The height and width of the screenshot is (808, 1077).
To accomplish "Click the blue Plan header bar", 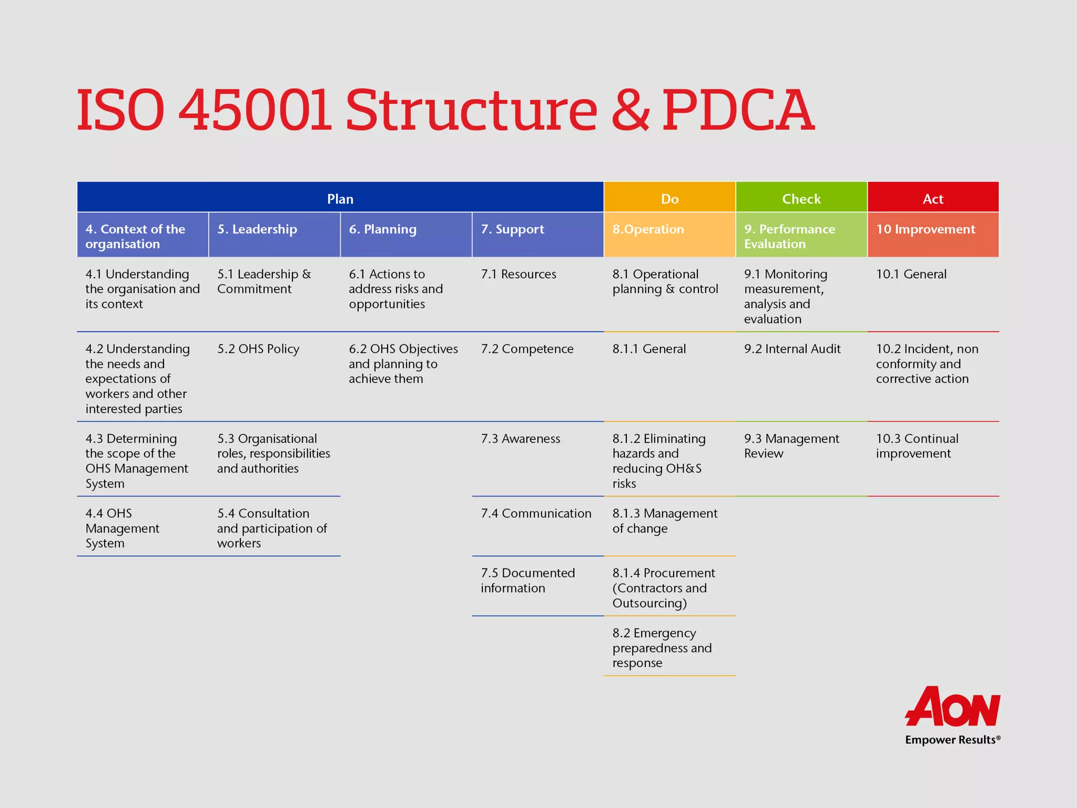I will click(340, 198).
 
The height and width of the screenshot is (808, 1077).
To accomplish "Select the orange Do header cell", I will click(669, 198).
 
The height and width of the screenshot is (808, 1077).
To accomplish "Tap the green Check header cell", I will click(801, 198).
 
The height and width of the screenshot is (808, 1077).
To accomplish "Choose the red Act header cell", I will click(933, 198).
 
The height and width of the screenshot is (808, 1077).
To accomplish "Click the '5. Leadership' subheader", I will click(257, 229).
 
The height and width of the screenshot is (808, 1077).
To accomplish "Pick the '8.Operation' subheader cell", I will click(648, 229).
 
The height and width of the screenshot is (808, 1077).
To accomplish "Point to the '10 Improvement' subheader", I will click(925, 229).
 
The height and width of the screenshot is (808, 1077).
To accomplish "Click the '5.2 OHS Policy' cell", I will click(258, 349).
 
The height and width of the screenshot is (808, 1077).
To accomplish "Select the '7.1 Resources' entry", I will click(518, 274).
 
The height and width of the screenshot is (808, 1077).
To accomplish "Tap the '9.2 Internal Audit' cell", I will click(792, 349).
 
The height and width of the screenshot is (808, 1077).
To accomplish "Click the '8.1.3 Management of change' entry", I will click(664, 521).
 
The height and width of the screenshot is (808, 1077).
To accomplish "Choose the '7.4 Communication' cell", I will click(536, 513).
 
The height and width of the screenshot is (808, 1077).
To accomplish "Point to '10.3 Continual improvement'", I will click(917, 446).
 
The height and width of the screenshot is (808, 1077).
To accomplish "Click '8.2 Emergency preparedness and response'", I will click(662, 648).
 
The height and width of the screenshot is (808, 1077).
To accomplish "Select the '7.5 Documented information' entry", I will click(527, 580).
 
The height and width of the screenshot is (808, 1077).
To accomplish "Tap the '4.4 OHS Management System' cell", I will click(122, 528).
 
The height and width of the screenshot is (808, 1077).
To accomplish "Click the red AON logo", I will click(952, 707).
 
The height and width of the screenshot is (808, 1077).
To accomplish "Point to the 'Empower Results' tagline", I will click(952, 740).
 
